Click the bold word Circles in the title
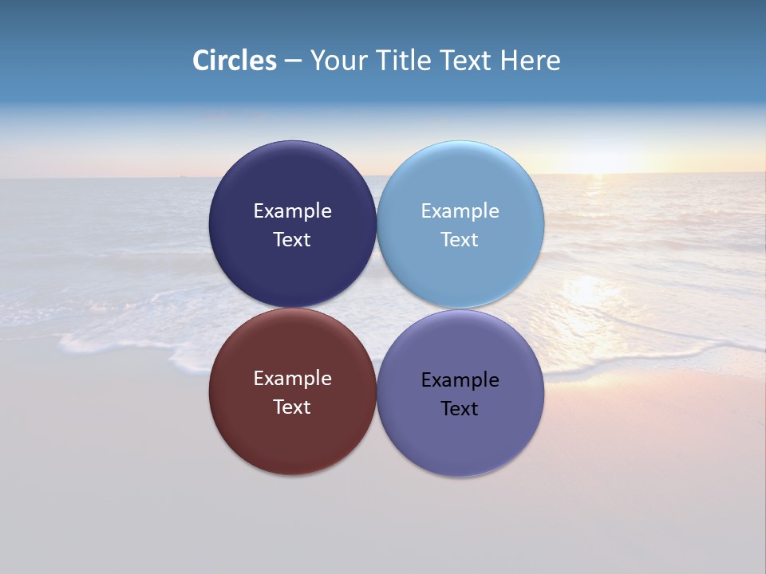tap(234, 61)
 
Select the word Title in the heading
tap(405, 61)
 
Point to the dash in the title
tap(293, 61)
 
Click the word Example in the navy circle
tap(292, 211)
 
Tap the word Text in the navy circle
tap(292, 240)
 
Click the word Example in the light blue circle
tap(460, 211)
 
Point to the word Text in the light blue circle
tap(460, 240)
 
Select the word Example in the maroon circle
tap(292, 379)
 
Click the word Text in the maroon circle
tap(292, 407)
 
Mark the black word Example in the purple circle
tap(460, 380)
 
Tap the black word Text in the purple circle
tap(460, 409)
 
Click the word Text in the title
tap(467, 61)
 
